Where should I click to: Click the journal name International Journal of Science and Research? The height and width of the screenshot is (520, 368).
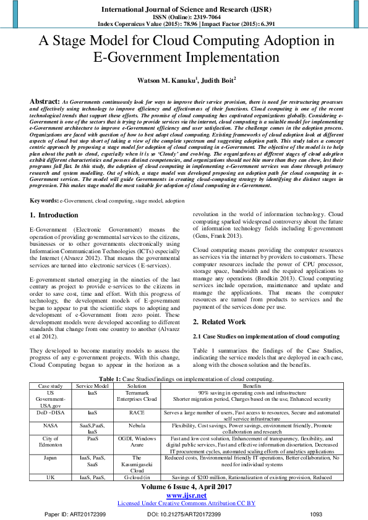(184, 10)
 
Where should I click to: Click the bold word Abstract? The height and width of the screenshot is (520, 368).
(45, 100)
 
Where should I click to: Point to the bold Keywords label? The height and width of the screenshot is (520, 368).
(45, 201)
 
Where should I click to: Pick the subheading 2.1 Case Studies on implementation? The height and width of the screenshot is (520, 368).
(266, 336)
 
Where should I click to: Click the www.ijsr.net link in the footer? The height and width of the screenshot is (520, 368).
(184, 495)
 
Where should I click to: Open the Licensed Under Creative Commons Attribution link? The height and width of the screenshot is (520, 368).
(184, 503)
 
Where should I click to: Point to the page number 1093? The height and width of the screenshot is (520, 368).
(316, 514)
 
